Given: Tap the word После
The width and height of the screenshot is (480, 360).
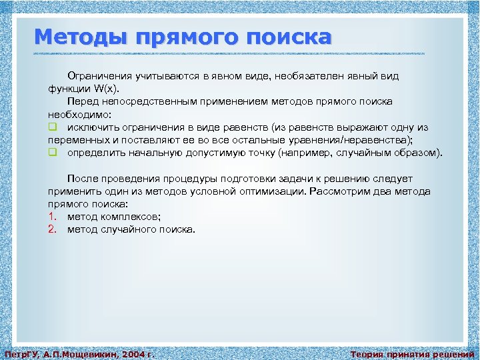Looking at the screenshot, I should pyautogui.click(x=83, y=179).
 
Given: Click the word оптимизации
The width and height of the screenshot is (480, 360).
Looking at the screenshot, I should pyautogui.click(x=273, y=191).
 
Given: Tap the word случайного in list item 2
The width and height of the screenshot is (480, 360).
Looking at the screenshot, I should pyautogui.click(x=131, y=229).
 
